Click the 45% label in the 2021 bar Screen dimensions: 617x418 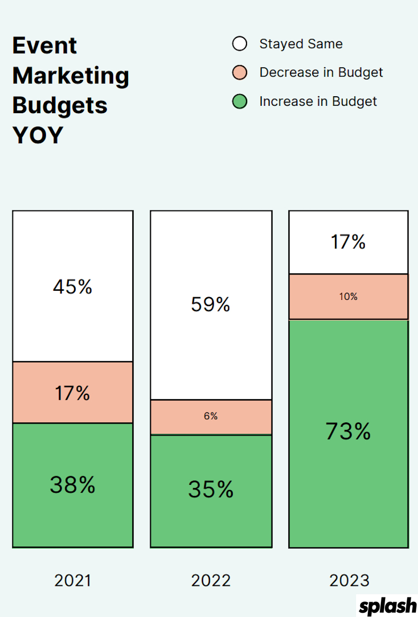point(72,287)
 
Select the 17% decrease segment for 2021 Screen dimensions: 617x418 point(72,393)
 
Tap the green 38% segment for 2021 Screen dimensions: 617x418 point(72,484)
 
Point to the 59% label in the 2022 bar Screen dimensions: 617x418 point(211,305)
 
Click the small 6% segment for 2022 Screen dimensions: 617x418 point(211,417)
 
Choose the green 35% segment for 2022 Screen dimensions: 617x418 point(211,490)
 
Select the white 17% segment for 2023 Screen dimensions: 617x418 point(348,242)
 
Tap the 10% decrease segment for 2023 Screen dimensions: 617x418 point(348,297)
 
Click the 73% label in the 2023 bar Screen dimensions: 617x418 point(348,432)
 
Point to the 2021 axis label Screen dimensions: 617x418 point(72,581)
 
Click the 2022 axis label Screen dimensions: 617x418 point(211,581)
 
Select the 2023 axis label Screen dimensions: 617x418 point(349,581)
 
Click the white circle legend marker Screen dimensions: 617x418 point(240,44)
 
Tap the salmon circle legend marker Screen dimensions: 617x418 point(240,72)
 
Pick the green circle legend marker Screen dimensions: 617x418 point(240,102)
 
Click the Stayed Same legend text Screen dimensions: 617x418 point(301,44)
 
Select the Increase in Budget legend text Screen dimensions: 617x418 point(317,102)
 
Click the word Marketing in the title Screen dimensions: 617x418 point(70,76)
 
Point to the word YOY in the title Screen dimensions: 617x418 point(38,136)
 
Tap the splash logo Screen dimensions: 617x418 point(388,605)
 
